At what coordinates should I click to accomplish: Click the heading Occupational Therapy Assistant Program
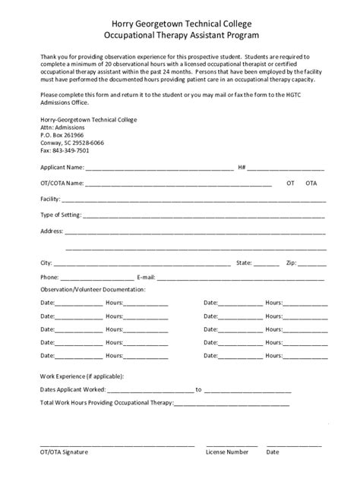click(180, 36)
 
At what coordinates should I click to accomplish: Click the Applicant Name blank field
click(159, 168)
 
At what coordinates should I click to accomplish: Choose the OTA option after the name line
click(311, 184)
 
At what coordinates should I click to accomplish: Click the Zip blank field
click(312, 264)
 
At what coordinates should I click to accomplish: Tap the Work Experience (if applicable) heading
click(81, 376)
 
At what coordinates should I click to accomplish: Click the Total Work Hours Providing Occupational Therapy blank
click(232, 404)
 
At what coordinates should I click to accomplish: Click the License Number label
click(227, 452)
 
